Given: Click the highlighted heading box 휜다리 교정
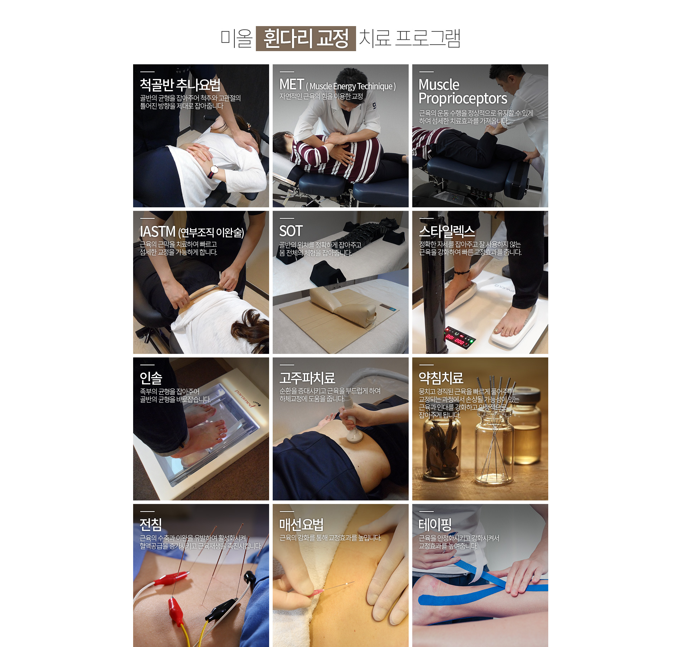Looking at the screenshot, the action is pyautogui.click(x=306, y=39).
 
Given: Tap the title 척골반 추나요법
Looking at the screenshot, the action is pyautogui.click(x=180, y=85).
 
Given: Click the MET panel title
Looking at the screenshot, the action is pyautogui.click(x=337, y=85).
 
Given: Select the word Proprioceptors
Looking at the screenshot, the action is pyautogui.click(x=463, y=99).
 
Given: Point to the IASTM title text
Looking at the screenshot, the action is pyautogui.click(x=192, y=232).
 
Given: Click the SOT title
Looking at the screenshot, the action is pyautogui.click(x=291, y=231).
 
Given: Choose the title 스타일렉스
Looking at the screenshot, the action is pyautogui.click(x=447, y=232).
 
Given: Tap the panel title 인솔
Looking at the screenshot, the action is pyautogui.click(x=151, y=378).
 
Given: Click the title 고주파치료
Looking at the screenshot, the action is pyautogui.click(x=307, y=378).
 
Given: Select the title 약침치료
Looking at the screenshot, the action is pyautogui.click(x=441, y=378).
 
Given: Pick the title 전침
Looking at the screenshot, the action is pyautogui.click(x=151, y=524).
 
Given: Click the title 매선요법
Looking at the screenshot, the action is pyautogui.click(x=302, y=524).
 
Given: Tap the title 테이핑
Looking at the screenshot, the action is pyautogui.click(x=435, y=524).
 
